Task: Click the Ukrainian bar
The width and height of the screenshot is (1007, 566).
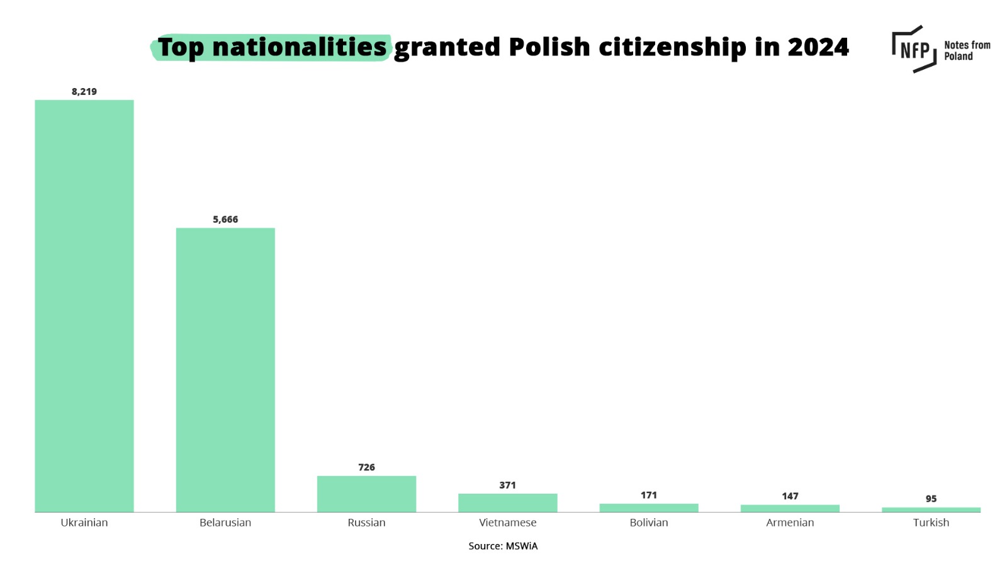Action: click(84, 306)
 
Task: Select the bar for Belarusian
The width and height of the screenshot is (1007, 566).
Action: click(225, 370)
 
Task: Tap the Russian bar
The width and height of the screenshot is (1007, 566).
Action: click(366, 494)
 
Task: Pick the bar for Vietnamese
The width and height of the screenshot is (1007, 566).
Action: click(507, 502)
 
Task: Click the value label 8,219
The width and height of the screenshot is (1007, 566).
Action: click(84, 92)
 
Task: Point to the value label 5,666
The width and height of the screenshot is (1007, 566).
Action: click(225, 219)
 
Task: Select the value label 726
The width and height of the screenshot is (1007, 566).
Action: click(366, 467)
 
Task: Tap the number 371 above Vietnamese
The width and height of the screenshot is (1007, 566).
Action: click(507, 485)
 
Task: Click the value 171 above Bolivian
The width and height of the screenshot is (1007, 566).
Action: click(649, 495)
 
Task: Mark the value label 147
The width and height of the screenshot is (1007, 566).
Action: click(790, 496)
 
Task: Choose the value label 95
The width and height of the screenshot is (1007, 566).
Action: click(931, 499)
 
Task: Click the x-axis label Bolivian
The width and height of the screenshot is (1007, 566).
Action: click(649, 523)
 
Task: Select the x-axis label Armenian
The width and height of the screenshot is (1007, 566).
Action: click(790, 523)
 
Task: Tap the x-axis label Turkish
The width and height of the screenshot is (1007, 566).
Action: click(931, 523)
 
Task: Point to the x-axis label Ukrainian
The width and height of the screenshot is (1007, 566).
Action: click(84, 523)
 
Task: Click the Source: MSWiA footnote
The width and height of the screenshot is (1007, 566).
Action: click(503, 546)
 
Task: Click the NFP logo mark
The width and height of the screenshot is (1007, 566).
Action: click(914, 49)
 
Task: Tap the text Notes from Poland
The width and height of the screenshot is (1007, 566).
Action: click(967, 50)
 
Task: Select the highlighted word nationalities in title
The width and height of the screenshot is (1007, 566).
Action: click(299, 47)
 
